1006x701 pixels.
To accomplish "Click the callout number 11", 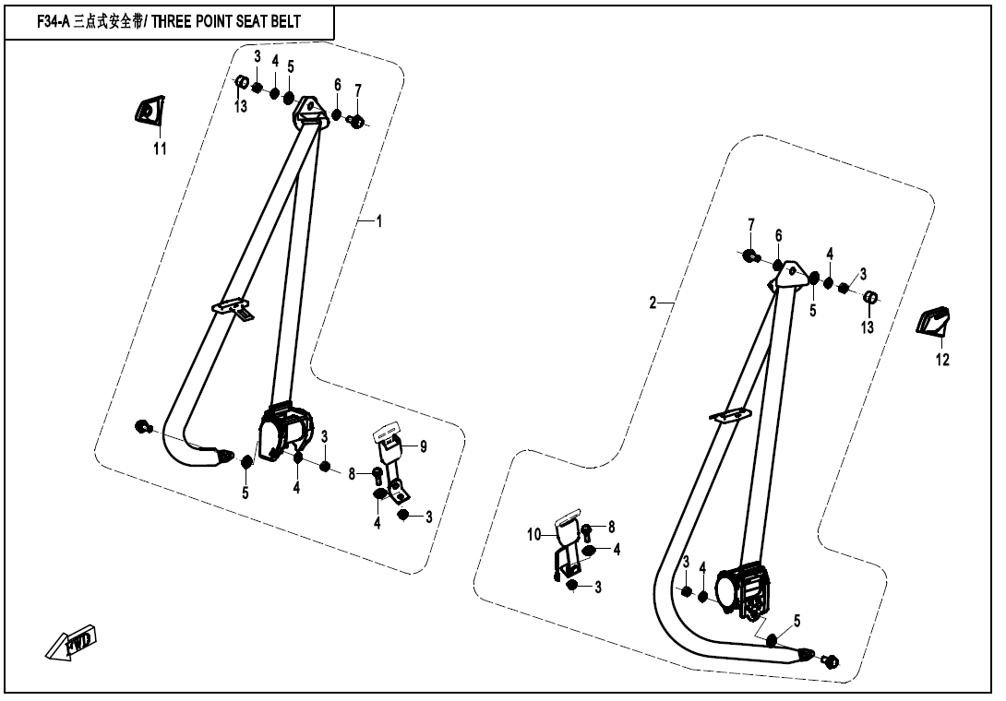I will coord(160,149).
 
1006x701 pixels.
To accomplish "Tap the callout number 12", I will coord(942,360).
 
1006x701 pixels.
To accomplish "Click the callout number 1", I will coord(378,221).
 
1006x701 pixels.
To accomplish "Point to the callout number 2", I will coord(653,303).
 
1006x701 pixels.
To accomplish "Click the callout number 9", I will coord(424,446).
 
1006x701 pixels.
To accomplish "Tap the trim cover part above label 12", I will coord(937,320).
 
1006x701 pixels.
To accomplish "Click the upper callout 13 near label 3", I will coord(241,107).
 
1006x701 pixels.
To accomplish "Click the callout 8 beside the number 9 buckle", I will coord(352,474).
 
